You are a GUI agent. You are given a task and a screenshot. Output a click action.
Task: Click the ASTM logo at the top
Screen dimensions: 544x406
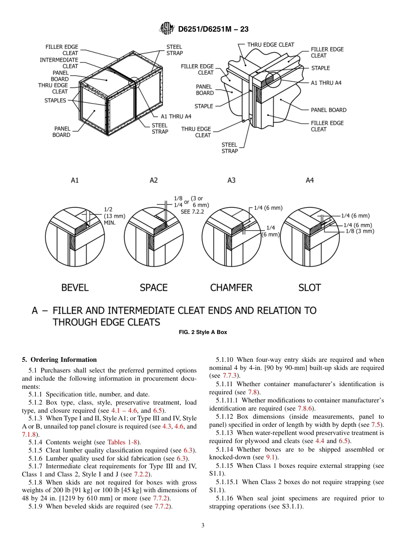[x=167, y=29]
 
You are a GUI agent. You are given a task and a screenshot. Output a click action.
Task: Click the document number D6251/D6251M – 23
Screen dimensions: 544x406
[x=213, y=29]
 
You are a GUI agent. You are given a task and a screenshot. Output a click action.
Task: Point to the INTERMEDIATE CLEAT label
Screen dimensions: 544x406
[x=59, y=63]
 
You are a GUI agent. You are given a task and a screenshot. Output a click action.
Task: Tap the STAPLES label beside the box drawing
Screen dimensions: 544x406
[x=55, y=101]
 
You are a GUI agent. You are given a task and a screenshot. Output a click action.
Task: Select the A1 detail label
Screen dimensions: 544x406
[x=75, y=180]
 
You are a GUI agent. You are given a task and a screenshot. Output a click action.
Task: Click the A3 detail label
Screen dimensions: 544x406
[x=231, y=180]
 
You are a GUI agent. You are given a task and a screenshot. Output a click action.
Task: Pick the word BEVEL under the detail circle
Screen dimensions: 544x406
[x=75, y=288]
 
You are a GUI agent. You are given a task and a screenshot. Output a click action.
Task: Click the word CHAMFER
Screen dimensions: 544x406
[x=231, y=288]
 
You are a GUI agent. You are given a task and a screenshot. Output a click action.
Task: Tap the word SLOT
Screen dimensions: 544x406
[x=309, y=288]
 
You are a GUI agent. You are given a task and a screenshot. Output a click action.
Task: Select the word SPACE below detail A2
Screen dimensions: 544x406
[x=153, y=288]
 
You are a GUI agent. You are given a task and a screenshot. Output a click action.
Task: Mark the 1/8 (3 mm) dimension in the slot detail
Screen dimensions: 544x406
[x=360, y=231]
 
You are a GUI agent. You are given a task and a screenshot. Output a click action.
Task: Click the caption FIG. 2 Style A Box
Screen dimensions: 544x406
[x=203, y=332]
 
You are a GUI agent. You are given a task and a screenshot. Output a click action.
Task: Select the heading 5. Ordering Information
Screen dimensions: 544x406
[x=59, y=360]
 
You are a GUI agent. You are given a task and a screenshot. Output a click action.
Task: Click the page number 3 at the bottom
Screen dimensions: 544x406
[x=203, y=526]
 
